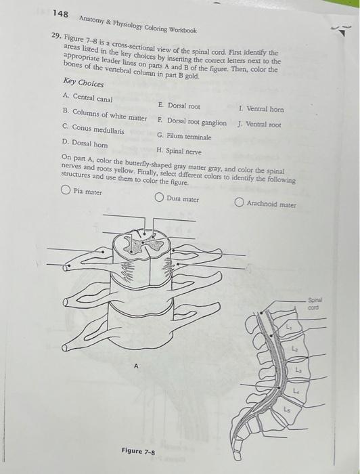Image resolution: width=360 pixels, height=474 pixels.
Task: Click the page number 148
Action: (60, 14)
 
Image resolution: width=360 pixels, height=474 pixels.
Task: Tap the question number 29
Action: (56, 36)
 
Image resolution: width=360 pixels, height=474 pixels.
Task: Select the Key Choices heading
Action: (83, 82)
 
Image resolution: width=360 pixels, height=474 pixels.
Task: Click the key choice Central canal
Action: (87, 98)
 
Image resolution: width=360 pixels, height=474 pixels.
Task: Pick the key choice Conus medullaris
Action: (93, 129)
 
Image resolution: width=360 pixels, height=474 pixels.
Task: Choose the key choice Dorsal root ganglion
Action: (192, 122)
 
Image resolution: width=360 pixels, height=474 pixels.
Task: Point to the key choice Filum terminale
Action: (184, 136)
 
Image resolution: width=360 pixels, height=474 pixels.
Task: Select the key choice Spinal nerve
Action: (179, 151)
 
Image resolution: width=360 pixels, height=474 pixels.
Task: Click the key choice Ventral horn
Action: (261, 108)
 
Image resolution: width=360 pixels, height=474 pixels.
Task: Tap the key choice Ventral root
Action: (259, 124)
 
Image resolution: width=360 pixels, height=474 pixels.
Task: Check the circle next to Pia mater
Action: (65, 190)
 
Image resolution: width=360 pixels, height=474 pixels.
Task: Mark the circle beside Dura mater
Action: (160, 198)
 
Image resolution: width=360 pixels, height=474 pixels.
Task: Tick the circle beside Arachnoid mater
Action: (240, 202)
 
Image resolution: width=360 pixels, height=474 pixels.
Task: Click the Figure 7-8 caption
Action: (138, 452)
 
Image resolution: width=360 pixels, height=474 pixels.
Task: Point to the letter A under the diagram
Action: (136, 366)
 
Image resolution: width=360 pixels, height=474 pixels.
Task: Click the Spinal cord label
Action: (315, 303)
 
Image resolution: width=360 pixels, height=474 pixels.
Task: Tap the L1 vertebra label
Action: (289, 327)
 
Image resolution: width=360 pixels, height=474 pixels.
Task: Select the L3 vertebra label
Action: (298, 370)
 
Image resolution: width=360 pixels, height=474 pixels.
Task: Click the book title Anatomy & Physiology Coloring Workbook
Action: (138, 25)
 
